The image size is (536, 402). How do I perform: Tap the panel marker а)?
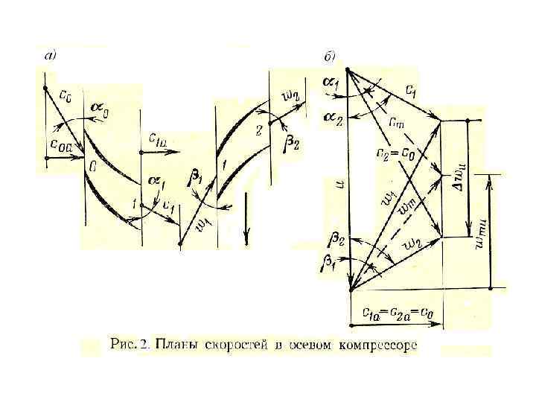[50, 54]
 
